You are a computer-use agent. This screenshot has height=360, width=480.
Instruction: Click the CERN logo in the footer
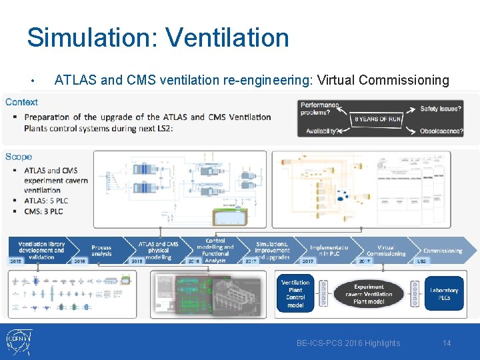click(x=17, y=341)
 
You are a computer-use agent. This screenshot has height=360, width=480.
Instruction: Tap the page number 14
click(x=447, y=343)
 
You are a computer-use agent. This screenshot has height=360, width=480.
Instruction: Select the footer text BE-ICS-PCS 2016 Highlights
click(x=349, y=343)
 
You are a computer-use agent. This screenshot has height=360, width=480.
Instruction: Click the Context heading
click(x=21, y=102)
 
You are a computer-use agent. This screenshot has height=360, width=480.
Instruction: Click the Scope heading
click(x=19, y=157)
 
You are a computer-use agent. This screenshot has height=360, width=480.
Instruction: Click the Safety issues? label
click(x=441, y=108)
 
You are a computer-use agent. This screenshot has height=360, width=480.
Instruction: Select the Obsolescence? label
click(x=441, y=131)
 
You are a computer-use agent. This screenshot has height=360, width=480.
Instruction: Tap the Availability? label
click(x=321, y=131)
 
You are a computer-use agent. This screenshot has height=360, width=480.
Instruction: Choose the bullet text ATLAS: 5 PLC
click(x=46, y=201)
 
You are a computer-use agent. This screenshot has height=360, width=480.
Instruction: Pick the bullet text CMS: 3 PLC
click(x=43, y=211)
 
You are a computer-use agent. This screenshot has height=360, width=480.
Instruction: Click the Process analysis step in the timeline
click(x=101, y=251)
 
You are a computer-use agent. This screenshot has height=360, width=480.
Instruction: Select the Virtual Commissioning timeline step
click(x=385, y=250)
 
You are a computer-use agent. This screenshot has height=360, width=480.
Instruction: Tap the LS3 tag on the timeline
click(x=421, y=261)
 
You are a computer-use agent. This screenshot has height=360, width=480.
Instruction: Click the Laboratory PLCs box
click(x=444, y=294)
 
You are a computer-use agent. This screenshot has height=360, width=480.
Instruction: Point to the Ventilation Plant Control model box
click(x=295, y=294)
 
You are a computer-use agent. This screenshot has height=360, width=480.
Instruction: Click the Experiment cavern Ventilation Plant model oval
click(x=369, y=294)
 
